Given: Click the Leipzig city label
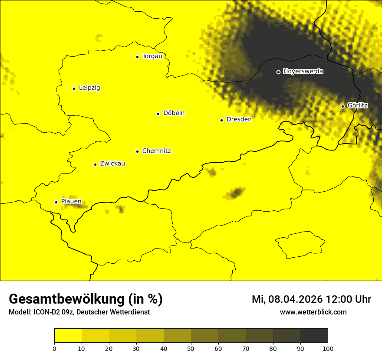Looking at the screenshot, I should [89, 88].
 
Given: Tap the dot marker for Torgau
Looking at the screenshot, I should [137, 57].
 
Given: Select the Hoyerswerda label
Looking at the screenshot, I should [303, 72].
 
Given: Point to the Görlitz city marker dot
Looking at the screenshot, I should [342, 106].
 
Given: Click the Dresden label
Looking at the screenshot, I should [239, 120].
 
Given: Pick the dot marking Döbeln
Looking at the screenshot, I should [158, 114].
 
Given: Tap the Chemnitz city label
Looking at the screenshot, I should [156, 151].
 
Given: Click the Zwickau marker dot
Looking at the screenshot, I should [95, 164].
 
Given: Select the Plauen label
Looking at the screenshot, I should [71, 202].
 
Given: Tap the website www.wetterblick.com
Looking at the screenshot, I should [313, 312].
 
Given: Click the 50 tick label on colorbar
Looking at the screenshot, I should [191, 348].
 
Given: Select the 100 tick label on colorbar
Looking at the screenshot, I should [328, 348].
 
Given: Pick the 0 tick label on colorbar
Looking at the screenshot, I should [54, 348].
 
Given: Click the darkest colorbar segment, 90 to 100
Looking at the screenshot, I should [314, 336].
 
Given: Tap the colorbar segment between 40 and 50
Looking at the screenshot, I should [177, 336].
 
